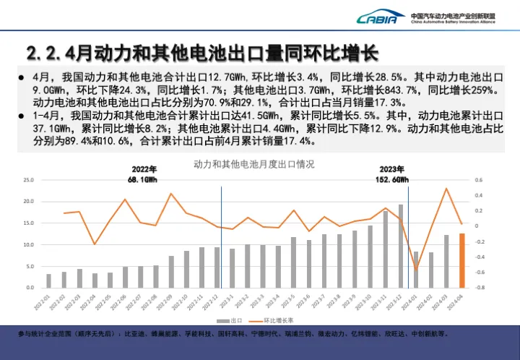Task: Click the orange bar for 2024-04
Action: tap(462, 260)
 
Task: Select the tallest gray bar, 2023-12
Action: tap(401, 247)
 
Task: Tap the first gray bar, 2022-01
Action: tap(49, 280)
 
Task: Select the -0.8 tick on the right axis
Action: tap(479, 288)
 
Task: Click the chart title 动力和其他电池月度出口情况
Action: tap(253, 164)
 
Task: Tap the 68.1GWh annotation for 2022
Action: tap(143, 179)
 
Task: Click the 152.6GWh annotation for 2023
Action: tap(394, 179)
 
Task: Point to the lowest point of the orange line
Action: tap(416, 270)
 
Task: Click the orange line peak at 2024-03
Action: tap(446, 189)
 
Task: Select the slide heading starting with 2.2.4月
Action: tap(202, 53)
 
